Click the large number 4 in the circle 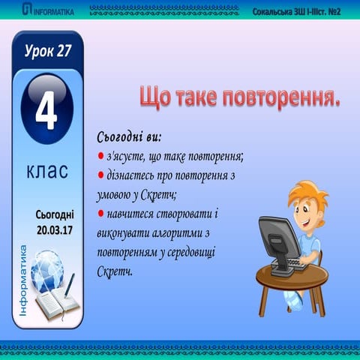tap(47, 112)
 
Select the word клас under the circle tap(46, 170)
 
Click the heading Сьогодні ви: tap(129, 138)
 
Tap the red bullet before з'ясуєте tap(100, 157)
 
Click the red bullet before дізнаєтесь tap(100, 176)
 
